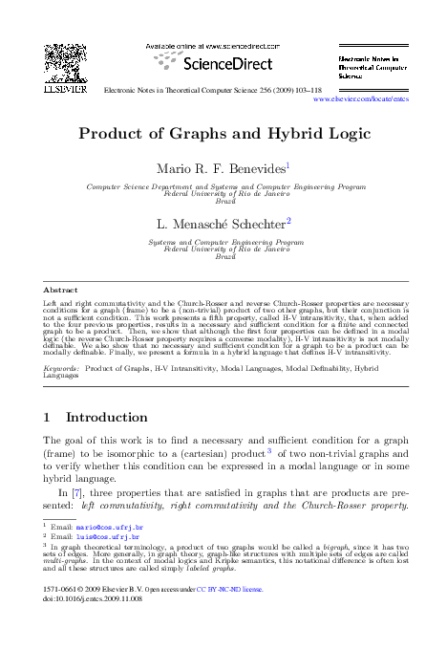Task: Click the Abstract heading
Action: (61, 289)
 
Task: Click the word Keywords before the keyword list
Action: (62, 368)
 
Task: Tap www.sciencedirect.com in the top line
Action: (245, 45)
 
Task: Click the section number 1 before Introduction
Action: (49, 418)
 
